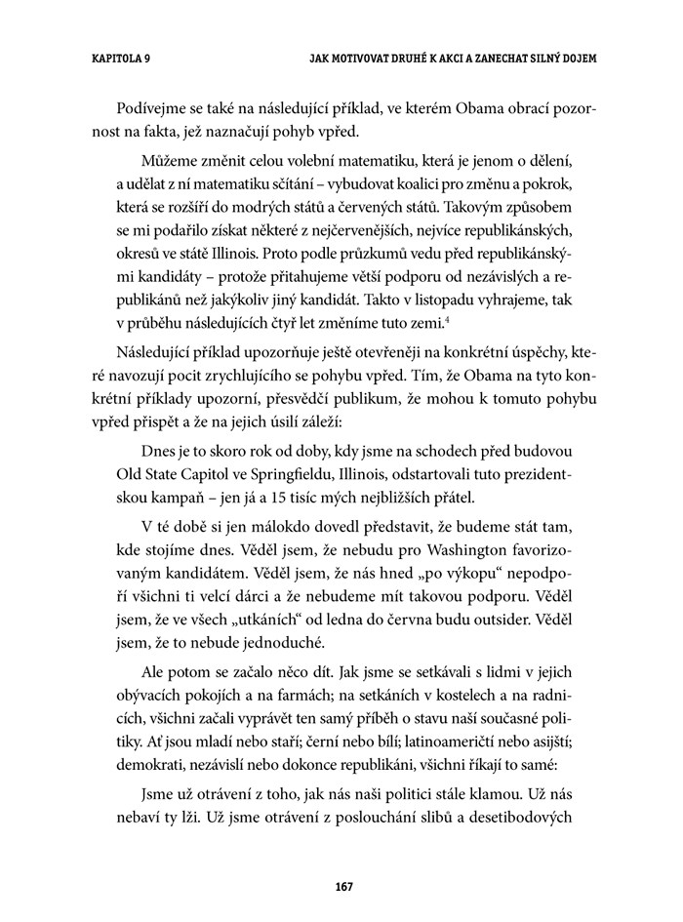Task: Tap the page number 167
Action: click(x=341, y=887)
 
